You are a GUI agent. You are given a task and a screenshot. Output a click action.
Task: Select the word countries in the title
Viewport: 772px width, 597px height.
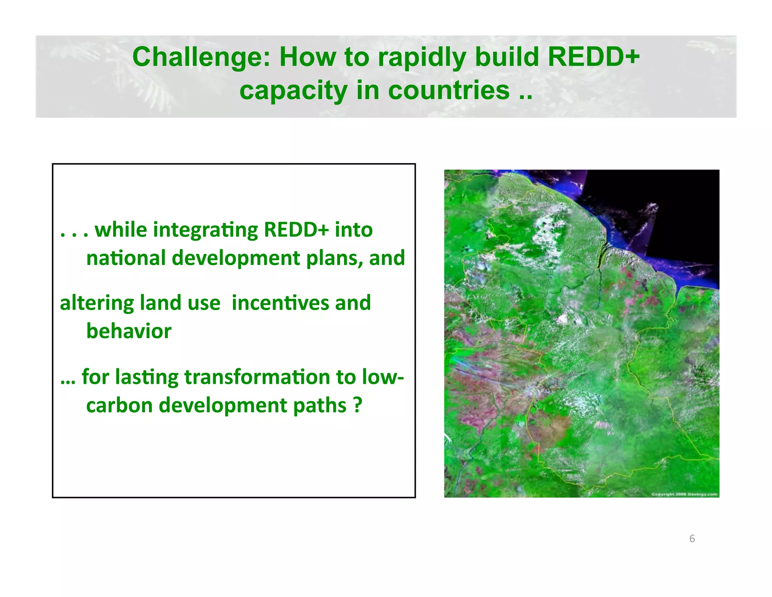(449, 91)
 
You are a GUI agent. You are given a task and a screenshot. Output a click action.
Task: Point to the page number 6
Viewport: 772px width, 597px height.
(692, 539)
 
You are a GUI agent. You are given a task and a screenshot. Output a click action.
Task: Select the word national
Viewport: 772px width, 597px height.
(126, 258)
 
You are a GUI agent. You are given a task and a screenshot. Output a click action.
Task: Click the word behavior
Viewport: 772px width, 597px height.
(129, 331)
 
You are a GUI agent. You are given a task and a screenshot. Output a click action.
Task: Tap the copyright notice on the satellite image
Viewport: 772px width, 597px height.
(684, 494)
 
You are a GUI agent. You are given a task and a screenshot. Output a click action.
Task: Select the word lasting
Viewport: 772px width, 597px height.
(147, 377)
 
